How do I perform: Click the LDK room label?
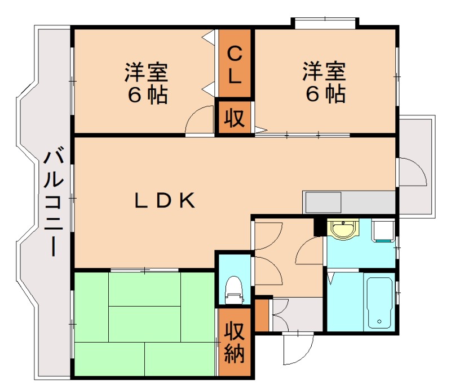click(165, 200)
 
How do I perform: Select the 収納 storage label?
click(235, 343)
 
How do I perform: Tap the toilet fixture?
click(233, 289)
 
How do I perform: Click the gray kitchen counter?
click(350, 201)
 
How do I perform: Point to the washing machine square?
click(383, 231)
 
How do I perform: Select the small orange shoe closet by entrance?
click(262, 316)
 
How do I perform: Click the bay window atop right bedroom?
click(324, 22)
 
